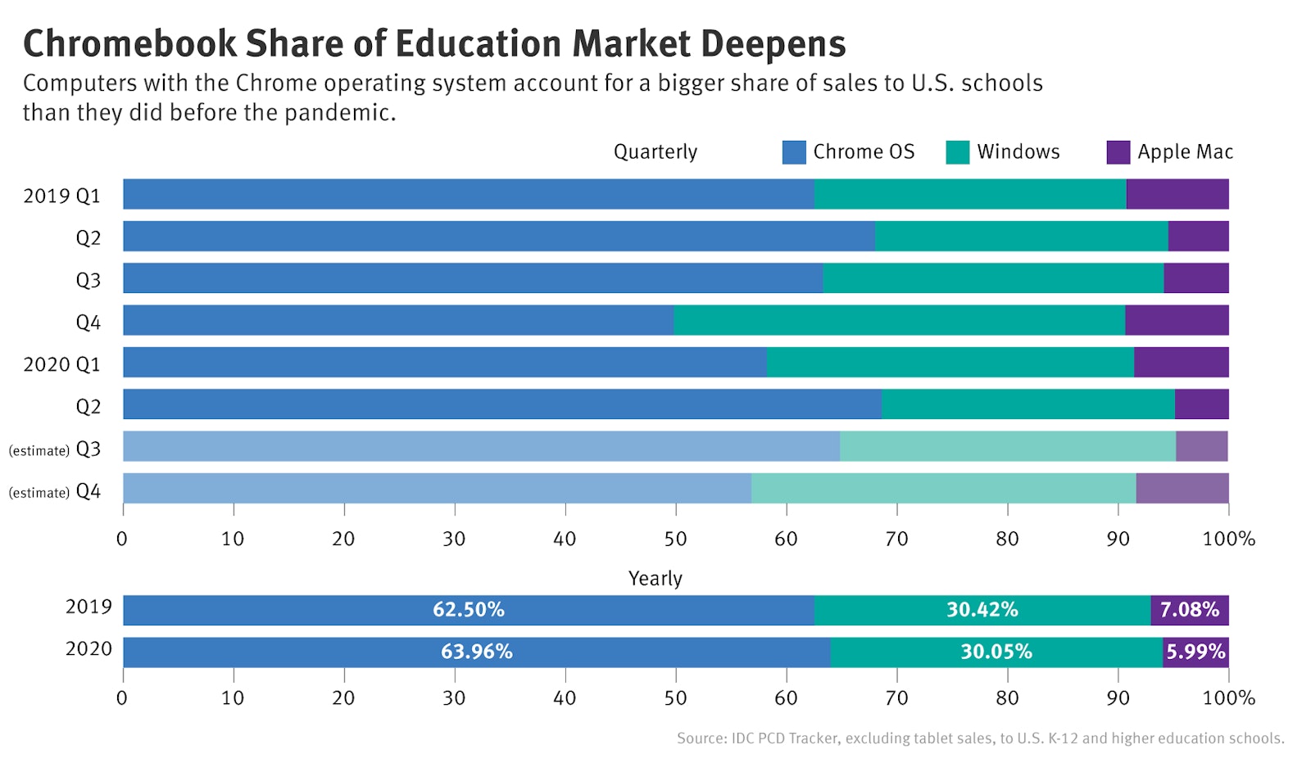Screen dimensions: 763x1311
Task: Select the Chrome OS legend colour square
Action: [794, 152]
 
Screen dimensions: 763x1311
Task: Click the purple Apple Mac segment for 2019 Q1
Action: [1177, 194]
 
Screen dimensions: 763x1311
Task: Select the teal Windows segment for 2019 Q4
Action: [899, 320]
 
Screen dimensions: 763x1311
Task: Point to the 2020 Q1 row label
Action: [61, 364]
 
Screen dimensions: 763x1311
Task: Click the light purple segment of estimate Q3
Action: [1201, 446]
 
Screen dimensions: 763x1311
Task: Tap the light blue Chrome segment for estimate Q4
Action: [437, 488]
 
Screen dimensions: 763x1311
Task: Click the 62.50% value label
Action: [468, 610]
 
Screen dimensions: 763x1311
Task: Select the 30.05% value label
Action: [996, 652]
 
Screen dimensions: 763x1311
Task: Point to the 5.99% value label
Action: [1195, 652]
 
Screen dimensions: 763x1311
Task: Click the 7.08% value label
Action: [1189, 610]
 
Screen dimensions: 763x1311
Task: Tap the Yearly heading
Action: [655, 579]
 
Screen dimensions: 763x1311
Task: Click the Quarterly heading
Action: [655, 152]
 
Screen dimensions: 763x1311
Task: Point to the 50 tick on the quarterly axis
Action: [675, 539]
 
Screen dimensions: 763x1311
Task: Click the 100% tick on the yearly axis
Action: [1227, 698]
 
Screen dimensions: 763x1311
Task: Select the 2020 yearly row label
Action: [88, 649]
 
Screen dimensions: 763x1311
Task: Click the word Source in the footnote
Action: [701, 738]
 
